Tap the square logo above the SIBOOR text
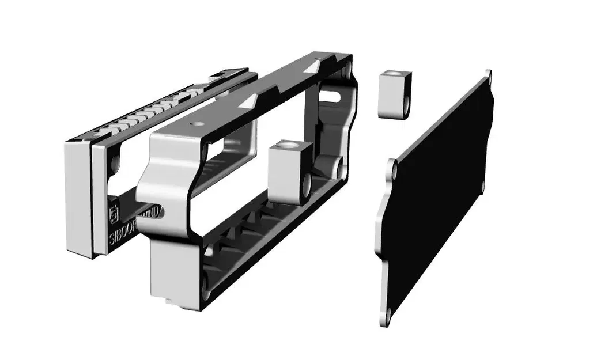click(x=114, y=210)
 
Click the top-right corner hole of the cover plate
click(x=489, y=75)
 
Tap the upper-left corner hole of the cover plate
click(x=395, y=170)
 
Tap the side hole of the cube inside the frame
click(x=306, y=185)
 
